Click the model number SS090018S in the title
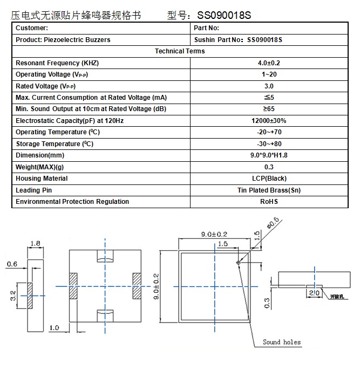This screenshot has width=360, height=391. click(x=224, y=15)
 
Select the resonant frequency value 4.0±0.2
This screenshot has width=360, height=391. click(x=269, y=63)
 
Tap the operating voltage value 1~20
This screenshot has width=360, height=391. click(x=269, y=74)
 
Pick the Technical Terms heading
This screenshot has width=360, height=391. click(x=180, y=51)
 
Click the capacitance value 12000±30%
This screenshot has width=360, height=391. click(x=269, y=121)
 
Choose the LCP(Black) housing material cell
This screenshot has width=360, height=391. click(x=269, y=179)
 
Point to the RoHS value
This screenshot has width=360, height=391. click(x=269, y=202)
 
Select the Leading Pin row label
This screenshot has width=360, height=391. click(x=33, y=190)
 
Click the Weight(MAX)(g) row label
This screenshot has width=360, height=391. click(x=39, y=167)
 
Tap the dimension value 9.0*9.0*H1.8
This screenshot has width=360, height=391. click(x=269, y=155)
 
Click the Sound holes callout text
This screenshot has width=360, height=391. click(x=282, y=342)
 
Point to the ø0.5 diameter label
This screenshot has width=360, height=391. click(x=273, y=223)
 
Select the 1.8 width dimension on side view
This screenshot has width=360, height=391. click(x=35, y=243)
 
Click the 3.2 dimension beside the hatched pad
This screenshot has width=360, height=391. click(x=13, y=296)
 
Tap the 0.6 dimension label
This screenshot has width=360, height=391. click(x=12, y=264)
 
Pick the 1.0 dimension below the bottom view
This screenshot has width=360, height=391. click(x=54, y=328)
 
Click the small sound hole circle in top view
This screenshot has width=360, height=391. click(x=238, y=262)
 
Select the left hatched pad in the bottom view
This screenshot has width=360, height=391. click(x=73, y=286)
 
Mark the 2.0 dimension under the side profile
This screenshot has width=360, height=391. click(x=314, y=293)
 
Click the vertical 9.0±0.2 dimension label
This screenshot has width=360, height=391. click(x=156, y=286)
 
